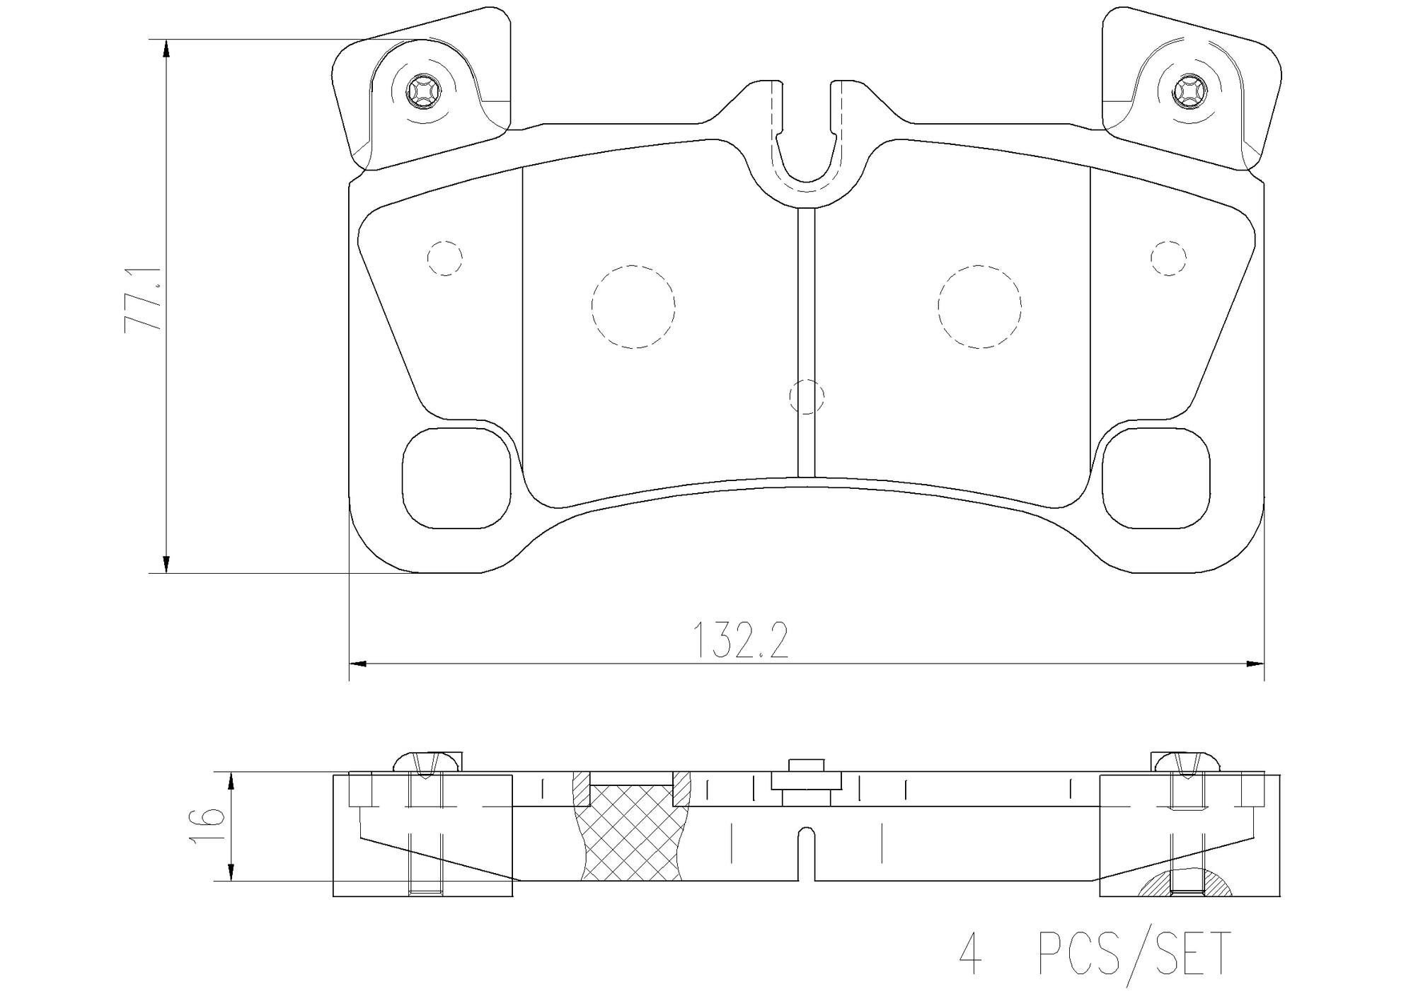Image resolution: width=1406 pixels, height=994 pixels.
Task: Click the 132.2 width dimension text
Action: point(740,641)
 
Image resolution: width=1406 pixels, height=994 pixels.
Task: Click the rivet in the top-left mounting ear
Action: point(422,91)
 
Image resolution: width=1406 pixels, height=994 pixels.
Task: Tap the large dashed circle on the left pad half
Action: point(633,306)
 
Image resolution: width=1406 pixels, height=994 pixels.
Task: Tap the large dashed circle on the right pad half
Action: point(979,306)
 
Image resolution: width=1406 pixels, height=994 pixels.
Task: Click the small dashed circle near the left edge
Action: point(445,258)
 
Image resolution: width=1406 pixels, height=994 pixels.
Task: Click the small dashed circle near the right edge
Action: point(1168,258)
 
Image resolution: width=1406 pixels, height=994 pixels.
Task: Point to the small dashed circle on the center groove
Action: point(806,396)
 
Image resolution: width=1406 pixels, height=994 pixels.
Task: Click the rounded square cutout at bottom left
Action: point(456,479)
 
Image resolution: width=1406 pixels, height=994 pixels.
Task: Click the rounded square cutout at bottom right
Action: point(1156,479)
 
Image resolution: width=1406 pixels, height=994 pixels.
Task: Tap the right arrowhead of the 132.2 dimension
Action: point(1255,664)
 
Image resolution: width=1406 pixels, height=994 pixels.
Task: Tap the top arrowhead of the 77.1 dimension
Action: point(166,49)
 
